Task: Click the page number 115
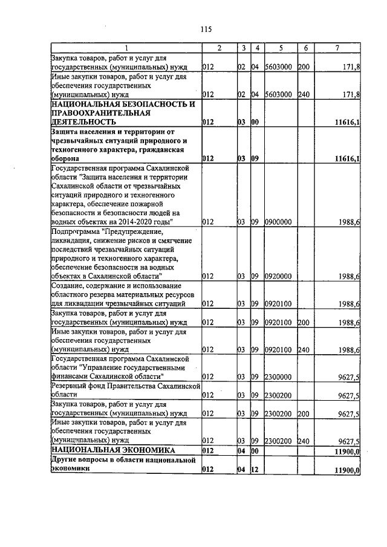(x=205, y=28)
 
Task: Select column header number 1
(x=126, y=48)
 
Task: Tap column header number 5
(x=281, y=48)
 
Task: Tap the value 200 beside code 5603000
(x=304, y=67)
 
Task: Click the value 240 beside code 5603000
(x=304, y=94)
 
